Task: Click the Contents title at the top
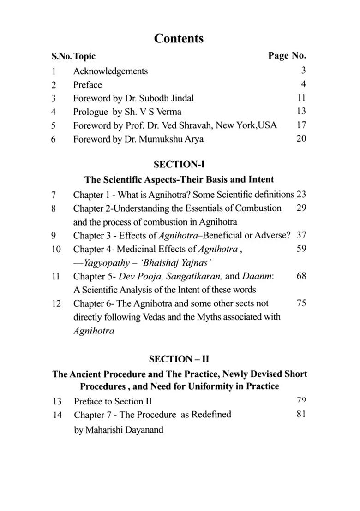coord(179,38)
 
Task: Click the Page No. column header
coord(287,56)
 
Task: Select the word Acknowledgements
coord(110,71)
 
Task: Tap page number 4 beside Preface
coord(304,84)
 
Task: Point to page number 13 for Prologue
coord(301,111)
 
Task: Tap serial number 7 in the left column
coord(54,195)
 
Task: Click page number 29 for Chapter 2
coord(301,208)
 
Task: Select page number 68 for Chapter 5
coord(301,276)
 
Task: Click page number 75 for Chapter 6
coord(301,303)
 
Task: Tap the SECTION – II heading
coord(179,359)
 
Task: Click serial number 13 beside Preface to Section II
coord(57,401)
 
